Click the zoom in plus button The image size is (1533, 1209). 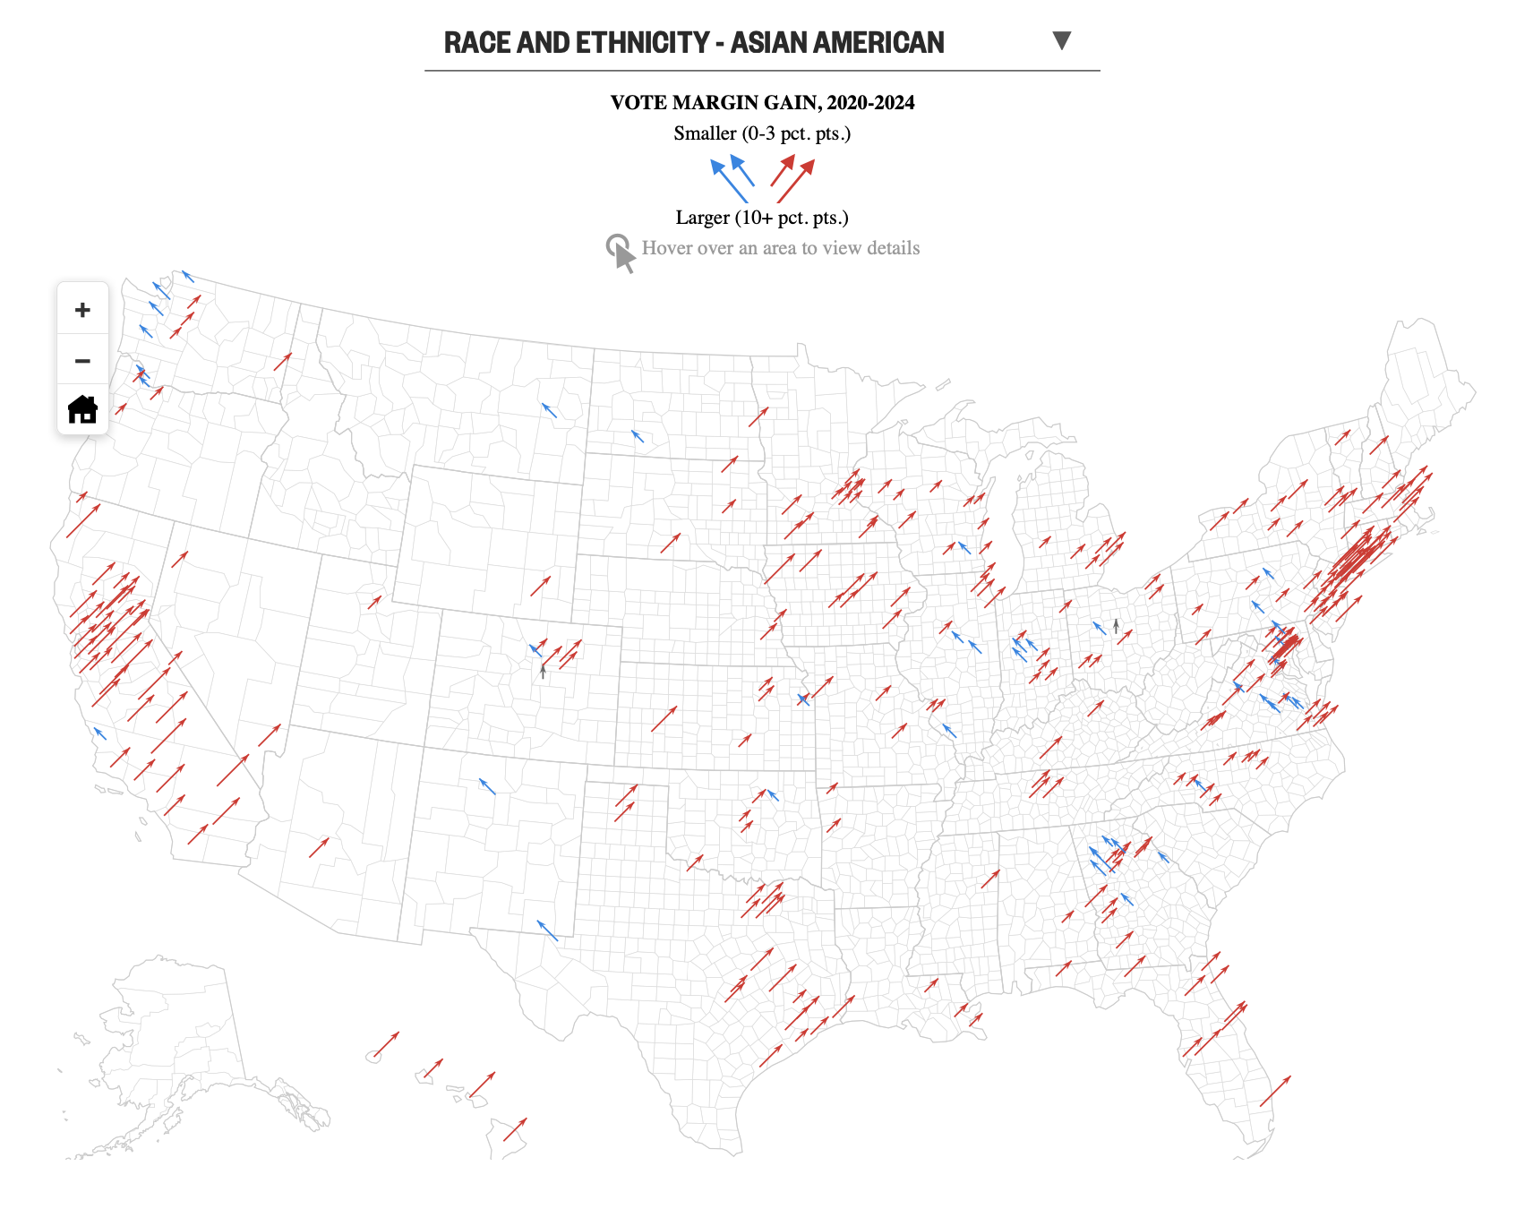tap(82, 310)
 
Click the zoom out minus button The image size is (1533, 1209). tap(82, 361)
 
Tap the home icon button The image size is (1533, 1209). tap(82, 409)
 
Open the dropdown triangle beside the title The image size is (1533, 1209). tap(1061, 40)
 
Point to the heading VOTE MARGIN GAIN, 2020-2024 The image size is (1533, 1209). tap(762, 102)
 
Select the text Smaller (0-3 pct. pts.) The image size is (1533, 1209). tap(762, 133)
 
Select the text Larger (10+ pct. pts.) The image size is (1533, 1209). tap(762, 218)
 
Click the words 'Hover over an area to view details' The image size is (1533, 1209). tap(780, 248)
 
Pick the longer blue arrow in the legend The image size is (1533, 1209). tap(728, 180)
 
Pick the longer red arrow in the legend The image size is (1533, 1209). tap(795, 181)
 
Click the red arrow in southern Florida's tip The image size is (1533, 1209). tap(1275, 1091)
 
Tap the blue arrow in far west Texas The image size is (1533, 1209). tap(547, 930)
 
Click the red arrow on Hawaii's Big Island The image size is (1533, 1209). tap(515, 1129)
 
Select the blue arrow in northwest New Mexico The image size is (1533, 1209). tap(487, 786)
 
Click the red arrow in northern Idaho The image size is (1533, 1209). tap(283, 362)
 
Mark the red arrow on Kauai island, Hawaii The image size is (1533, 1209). tap(386, 1044)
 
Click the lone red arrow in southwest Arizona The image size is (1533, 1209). tap(319, 847)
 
